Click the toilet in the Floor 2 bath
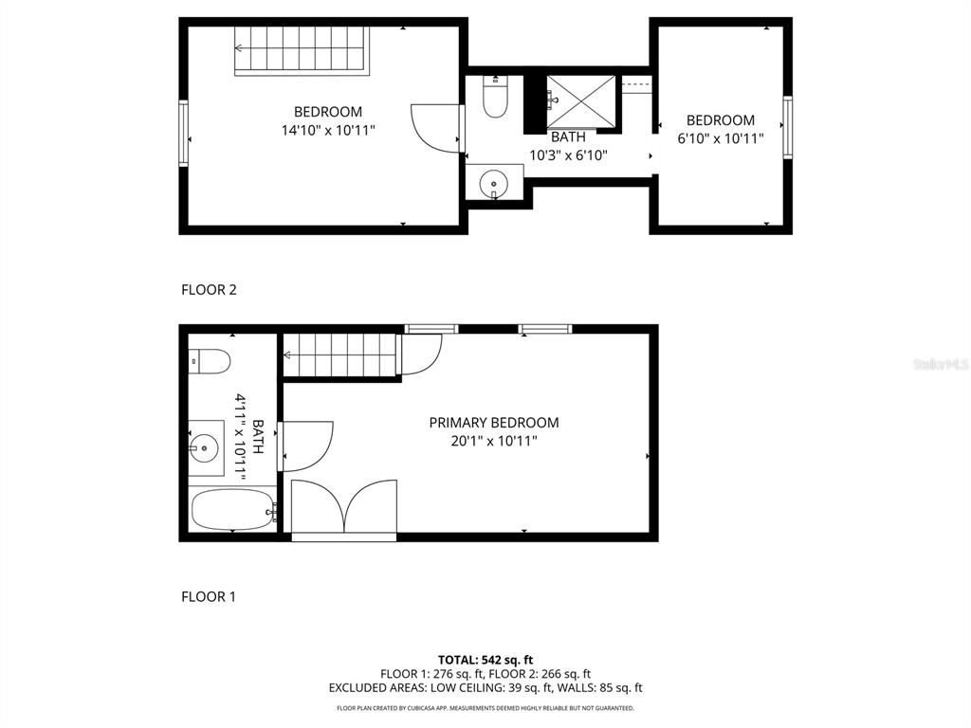pos(495,99)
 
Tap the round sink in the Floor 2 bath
pos(493,181)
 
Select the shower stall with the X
pos(580,99)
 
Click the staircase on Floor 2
pos(301,49)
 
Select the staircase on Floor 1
pos(339,355)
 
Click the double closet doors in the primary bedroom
pos(344,510)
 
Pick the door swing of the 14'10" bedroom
pos(435,127)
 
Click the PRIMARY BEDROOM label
pos(494,423)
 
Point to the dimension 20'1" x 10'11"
pos(494,441)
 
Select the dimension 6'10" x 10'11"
pos(721,138)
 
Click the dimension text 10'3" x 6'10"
pos(568,155)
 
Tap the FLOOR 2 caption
pos(209,290)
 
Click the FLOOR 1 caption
pos(209,597)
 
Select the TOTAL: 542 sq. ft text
pos(485,660)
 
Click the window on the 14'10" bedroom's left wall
pos(184,134)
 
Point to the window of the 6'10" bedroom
pos(787,128)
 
